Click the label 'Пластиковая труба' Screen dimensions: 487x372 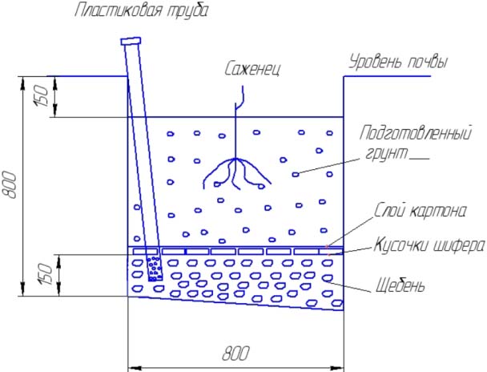pyautogui.click(x=141, y=10)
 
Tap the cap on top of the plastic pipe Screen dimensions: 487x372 pyautogui.click(x=131, y=41)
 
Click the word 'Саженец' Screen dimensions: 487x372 pyautogui.click(x=252, y=68)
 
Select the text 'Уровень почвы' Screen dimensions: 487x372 pyautogui.click(x=398, y=62)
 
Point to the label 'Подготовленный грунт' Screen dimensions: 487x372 pyautogui.click(x=416, y=143)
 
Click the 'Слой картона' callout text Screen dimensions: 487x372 pyautogui.click(x=421, y=211)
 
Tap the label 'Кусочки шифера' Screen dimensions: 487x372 pyautogui.click(x=429, y=245)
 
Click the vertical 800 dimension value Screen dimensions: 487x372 pyautogui.click(x=10, y=184)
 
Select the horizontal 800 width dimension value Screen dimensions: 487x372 pyautogui.click(x=235, y=354)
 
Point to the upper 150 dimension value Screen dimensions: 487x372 pyautogui.click(x=42, y=96)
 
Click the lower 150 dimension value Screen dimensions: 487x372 pyautogui.click(x=45, y=275)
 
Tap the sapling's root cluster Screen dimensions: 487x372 pyautogui.click(x=236, y=173)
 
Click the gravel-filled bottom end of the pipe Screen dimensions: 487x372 pyautogui.click(x=155, y=269)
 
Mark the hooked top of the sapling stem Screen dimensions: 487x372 pyautogui.click(x=239, y=98)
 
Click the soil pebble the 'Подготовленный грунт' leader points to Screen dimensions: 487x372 pyautogui.click(x=296, y=174)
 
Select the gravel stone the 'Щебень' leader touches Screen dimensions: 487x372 pyautogui.click(x=327, y=278)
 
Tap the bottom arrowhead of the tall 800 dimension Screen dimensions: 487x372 pyautogui.click(x=23, y=290)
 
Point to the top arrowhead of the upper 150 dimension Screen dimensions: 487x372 pyautogui.click(x=55, y=83)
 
